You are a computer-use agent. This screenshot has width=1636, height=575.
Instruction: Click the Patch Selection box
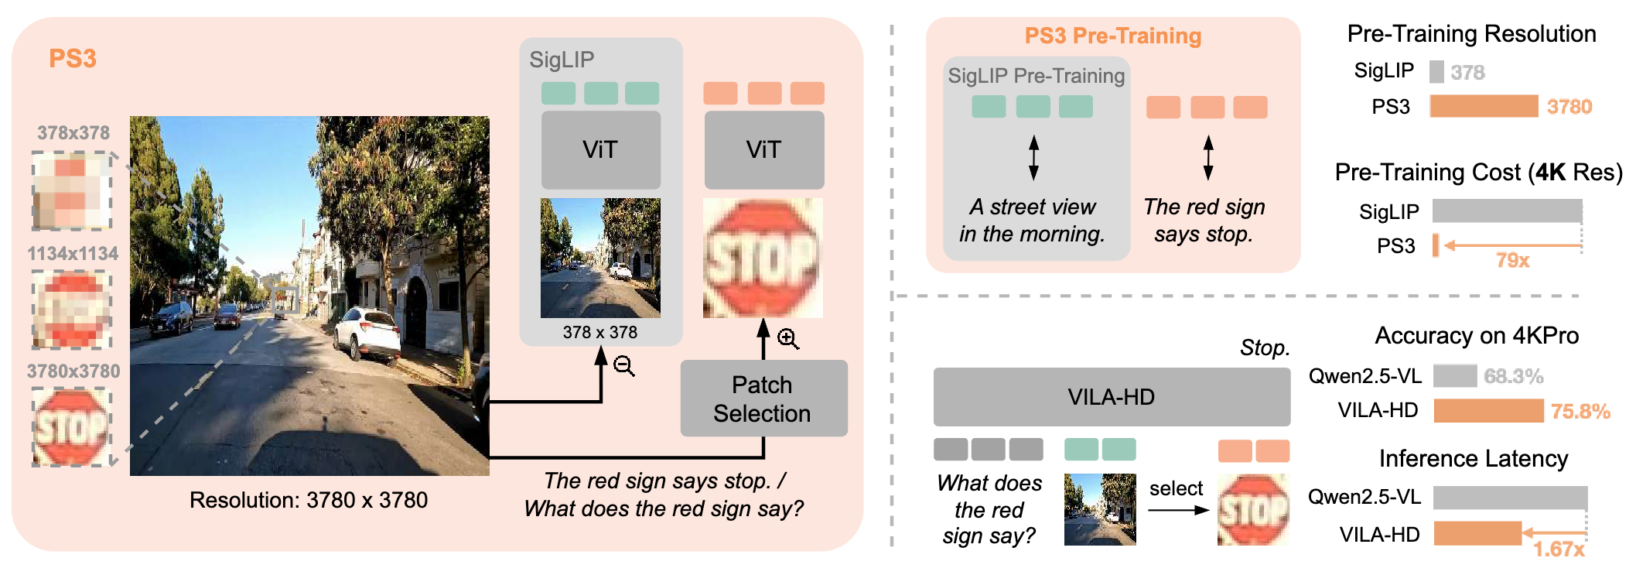click(x=763, y=399)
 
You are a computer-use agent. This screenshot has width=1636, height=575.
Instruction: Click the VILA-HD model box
click(x=1111, y=397)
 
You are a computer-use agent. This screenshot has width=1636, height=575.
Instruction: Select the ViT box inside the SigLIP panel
click(x=600, y=149)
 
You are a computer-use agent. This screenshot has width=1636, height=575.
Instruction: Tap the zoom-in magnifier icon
click(x=787, y=338)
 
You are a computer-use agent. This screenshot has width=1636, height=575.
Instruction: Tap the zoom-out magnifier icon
click(x=623, y=365)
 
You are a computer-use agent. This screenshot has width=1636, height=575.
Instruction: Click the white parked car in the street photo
click(x=372, y=333)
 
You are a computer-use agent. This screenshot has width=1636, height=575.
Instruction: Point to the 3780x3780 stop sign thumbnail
click(x=72, y=426)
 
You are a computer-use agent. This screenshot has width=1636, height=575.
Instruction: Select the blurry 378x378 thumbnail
click(x=72, y=191)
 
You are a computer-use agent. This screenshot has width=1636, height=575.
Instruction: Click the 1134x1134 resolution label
click(x=73, y=253)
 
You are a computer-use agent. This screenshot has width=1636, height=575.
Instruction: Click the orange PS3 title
click(x=73, y=59)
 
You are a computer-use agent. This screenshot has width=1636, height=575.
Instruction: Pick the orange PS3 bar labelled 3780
click(x=1483, y=106)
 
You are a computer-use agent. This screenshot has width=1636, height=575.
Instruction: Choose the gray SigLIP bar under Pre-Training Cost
click(x=1506, y=210)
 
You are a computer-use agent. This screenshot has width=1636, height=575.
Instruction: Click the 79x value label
click(x=1512, y=260)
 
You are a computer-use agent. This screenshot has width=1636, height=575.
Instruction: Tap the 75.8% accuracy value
click(x=1580, y=411)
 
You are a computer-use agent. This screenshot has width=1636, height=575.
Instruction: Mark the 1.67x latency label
click(x=1559, y=549)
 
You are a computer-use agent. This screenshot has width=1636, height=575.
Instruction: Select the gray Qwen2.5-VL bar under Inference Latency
click(x=1509, y=497)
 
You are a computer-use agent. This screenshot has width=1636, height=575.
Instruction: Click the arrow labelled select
click(x=1177, y=510)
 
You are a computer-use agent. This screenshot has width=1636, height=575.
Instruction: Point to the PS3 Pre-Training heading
click(x=1112, y=36)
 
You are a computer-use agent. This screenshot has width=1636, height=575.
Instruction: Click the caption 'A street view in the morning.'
click(x=1033, y=221)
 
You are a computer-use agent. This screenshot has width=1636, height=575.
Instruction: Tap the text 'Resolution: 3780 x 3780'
click(x=309, y=500)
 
